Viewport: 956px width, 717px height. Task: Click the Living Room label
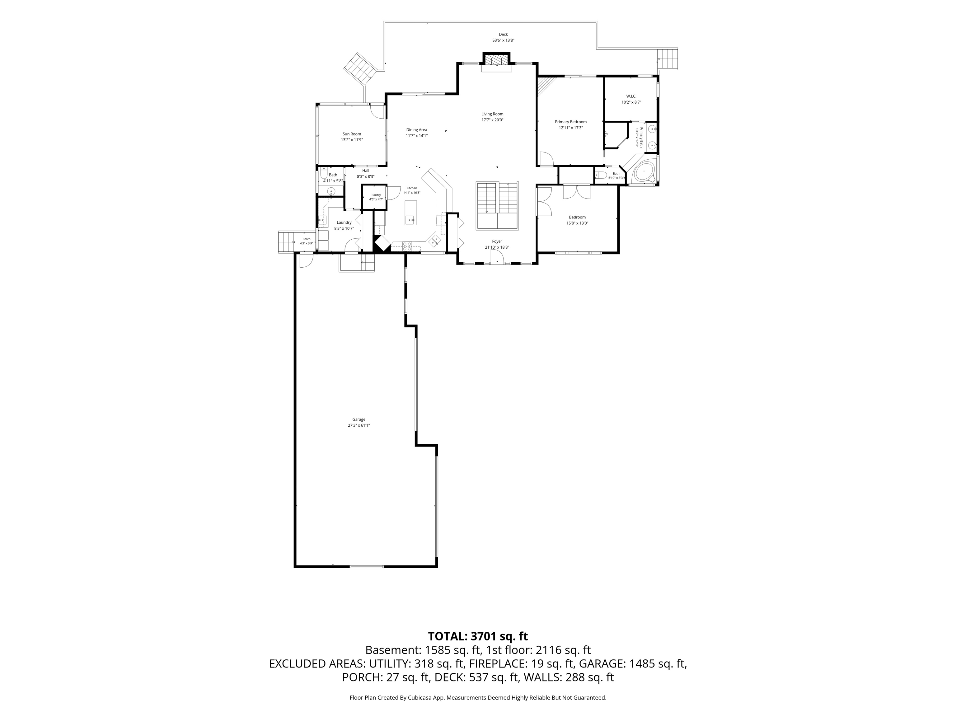click(492, 114)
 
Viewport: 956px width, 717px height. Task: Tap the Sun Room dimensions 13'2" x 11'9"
click(351, 140)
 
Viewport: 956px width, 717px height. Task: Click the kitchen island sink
click(411, 220)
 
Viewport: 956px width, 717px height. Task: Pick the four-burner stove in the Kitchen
click(407, 246)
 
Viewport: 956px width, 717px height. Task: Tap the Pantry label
click(376, 195)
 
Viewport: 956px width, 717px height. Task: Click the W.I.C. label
click(631, 96)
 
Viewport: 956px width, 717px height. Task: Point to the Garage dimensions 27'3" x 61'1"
click(359, 425)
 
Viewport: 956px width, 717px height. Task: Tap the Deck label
click(503, 34)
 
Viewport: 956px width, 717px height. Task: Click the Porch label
click(307, 239)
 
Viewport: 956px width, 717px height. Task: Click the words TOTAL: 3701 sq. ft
click(478, 636)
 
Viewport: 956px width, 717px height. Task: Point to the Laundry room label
click(344, 223)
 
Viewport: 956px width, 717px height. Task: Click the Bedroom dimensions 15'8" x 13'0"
click(577, 223)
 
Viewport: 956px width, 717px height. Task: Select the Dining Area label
click(417, 130)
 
